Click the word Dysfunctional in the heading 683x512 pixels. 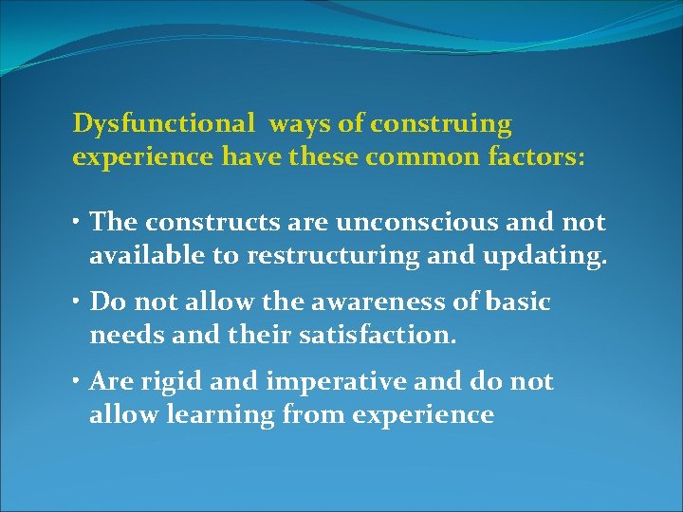163,124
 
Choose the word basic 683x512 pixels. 517,302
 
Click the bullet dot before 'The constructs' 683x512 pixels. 78,224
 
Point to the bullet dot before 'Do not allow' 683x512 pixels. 78,303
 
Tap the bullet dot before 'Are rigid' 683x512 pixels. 78,383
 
